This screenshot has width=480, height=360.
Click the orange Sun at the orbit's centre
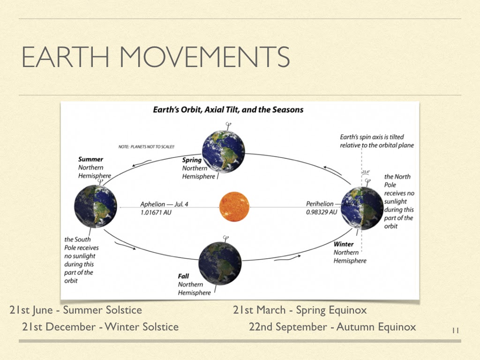[x=234, y=207]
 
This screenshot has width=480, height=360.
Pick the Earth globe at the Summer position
[x=96, y=207]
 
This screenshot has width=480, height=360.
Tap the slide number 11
[x=455, y=330]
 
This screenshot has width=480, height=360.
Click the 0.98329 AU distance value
[x=322, y=212]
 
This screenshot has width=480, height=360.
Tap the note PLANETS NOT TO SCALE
[x=146, y=147]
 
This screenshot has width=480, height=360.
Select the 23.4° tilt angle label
[x=366, y=172]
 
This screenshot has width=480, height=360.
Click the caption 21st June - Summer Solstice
[x=75, y=310]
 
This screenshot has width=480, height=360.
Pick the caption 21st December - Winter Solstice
[x=100, y=327]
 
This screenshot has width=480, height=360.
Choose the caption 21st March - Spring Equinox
[x=300, y=310]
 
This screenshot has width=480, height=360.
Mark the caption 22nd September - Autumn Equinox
[x=332, y=327]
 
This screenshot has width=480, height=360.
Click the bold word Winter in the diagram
[x=344, y=244]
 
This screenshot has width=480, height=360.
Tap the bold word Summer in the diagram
[x=90, y=159]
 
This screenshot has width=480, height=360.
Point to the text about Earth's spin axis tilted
[x=377, y=141]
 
